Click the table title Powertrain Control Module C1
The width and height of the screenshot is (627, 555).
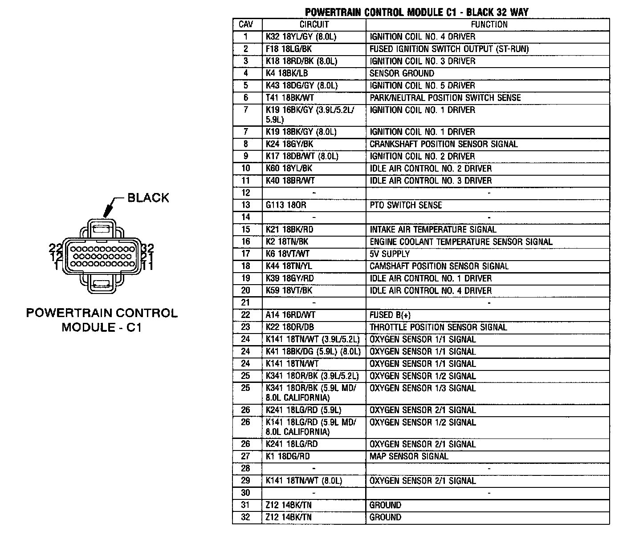point(417,12)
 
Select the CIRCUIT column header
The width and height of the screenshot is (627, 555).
point(314,24)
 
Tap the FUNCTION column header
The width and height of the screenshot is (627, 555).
point(489,24)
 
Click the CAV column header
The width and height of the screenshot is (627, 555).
point(246,24)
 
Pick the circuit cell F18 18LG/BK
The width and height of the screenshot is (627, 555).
point(289,49)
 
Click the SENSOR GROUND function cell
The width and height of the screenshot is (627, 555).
point(402,73)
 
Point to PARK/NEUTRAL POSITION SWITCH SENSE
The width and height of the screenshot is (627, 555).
point(445,98)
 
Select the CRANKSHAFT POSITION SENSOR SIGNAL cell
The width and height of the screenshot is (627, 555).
point(444,144)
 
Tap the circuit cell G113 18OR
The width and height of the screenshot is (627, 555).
point(286,205)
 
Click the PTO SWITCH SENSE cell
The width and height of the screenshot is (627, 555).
point(406,205)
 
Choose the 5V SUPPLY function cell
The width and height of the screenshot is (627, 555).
point(390,254)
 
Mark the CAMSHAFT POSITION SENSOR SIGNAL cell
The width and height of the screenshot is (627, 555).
point(439,266)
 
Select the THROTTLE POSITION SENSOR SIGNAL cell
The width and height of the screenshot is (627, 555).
point(438,327)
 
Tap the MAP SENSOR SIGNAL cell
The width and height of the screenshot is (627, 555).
point(409,456)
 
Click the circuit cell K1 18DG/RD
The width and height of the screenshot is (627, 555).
point(288,456)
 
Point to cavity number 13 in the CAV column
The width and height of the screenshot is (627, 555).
point(246,205)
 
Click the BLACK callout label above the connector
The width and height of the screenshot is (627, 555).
point(148,197)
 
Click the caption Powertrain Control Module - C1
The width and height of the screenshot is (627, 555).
point(102,320)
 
